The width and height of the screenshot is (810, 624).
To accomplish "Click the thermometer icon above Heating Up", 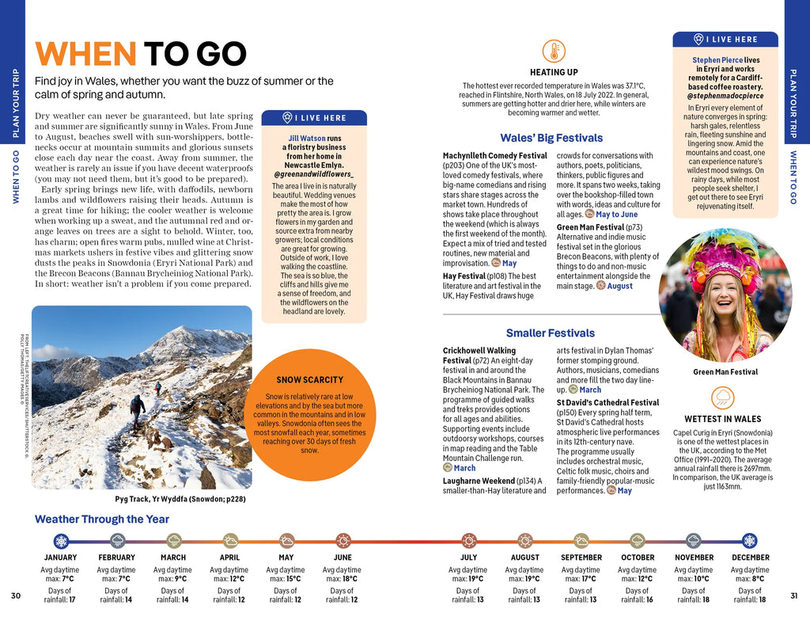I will tap(554, 51).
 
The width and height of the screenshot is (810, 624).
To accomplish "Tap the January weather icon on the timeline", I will tap(61, 541).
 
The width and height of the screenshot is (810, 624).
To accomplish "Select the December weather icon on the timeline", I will tap(749, 541).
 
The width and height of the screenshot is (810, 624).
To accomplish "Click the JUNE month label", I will tap(342, 557).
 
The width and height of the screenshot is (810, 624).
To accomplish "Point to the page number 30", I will tap(16, 595).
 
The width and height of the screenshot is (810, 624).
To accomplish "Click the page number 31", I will tap(793, 595).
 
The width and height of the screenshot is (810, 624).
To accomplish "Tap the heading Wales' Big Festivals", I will tap(551, 138).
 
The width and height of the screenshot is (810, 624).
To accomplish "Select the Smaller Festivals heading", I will tap(550, 333).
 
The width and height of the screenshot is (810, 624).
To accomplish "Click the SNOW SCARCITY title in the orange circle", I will tap(310, 380).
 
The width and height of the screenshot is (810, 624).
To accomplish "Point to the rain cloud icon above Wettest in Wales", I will tap(722, 397).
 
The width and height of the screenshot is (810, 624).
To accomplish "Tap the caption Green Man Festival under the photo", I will tap(725, 371).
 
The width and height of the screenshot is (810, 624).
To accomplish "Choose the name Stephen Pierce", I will tap(717, 60).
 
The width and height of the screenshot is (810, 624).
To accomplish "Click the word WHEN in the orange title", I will tap(85, 54).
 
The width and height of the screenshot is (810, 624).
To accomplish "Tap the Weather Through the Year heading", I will tap(102, 519).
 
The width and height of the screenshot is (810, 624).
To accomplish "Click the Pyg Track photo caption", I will tap(180, 500).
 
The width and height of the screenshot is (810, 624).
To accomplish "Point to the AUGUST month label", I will tap(524, 557).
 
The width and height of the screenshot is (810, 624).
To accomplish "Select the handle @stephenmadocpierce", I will tap(725, 96).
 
